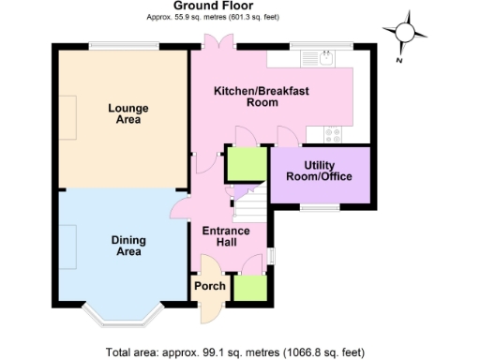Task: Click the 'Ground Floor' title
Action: (213, 6)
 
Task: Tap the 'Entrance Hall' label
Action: (227, 237)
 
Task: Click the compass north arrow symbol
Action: (406, 32)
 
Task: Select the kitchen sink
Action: (319, 59)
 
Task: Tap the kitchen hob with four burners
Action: (333, 133)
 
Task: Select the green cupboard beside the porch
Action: (248, 289)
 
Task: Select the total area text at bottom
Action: (234, 352)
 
